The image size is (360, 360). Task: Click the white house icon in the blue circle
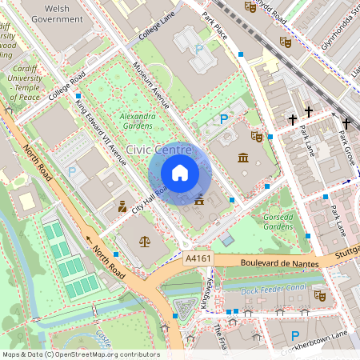click(179, 173)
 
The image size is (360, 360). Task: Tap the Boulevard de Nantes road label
click(272, 263)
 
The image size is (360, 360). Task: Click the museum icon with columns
click(242, 158)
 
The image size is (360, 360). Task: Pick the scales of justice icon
click(144, 240)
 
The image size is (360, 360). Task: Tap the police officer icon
click(122, 206)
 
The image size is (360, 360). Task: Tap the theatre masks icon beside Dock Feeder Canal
click(320, 295)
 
